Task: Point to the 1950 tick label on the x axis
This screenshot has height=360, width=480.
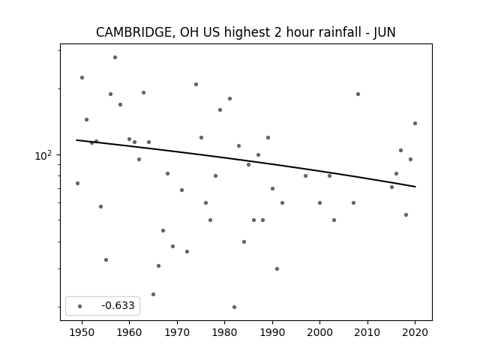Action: pyautogui.click(x=82, y=332)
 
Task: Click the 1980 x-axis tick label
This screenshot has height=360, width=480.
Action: pyautogui.click(x=224, y=332)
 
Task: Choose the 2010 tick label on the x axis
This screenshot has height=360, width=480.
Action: pyautogui.click(x=367, y=332)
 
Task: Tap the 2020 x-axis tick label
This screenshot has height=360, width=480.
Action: pyautogui.click(x=415, y=332)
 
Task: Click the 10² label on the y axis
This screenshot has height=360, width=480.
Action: pyautogui.click(x=43, y=155)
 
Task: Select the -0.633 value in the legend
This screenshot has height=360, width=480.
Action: pyautogui.click(x=118, y=305)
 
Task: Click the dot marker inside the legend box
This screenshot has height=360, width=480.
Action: pyautogui.click(x=80, y=306)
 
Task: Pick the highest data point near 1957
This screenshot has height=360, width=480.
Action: pyautogui.click(x=115, y=57)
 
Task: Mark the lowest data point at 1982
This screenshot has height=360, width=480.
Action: pyautogui.click(x=234, y=307)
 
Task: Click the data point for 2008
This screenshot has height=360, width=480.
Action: pyautogui.click(x=358, y=94)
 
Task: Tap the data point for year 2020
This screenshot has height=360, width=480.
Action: pyautogui.click(x=415, y=123)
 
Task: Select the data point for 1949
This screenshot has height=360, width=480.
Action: pyautogui.click(x=77, y=183)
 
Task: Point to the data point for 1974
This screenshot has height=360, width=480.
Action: pyautogui.click(x=196, y=84)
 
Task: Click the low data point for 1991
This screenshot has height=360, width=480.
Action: pyautogui.click(x=277, y=268)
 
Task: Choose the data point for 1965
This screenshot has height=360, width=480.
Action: pyautogui.click(x=153, y=294)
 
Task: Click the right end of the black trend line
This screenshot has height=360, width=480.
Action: pyautogui.click(x=415, y=187)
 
